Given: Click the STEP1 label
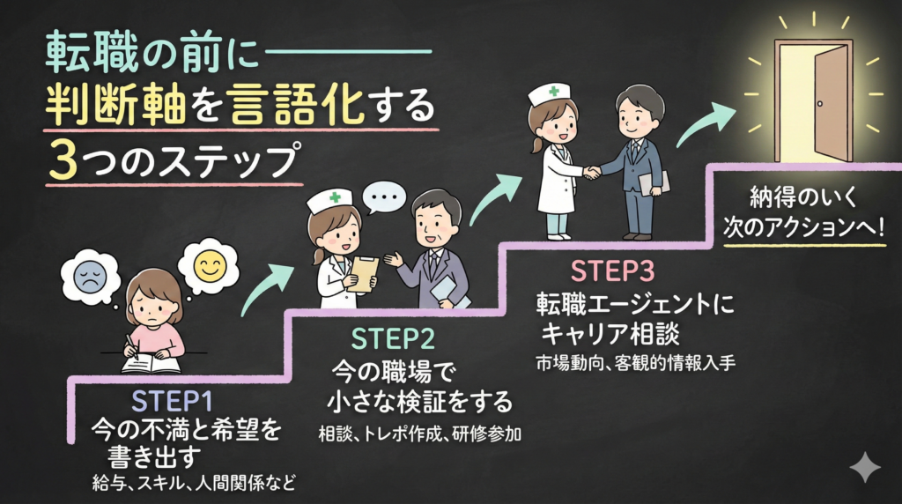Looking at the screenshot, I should coord(173,401).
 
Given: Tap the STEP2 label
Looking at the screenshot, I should coord(394,338).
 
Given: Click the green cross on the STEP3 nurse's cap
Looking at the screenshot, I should coord(553,91).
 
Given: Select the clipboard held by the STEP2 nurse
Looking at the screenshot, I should coord(363,274).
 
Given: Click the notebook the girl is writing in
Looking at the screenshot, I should coord(151,362).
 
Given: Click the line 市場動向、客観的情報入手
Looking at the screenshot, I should coord(635,362).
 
